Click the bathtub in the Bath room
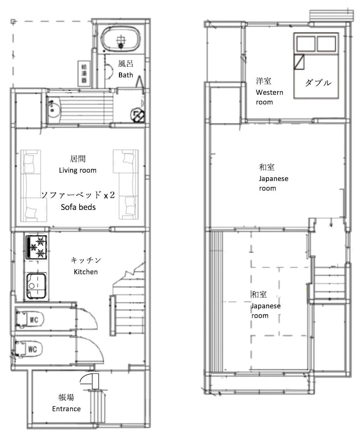120,40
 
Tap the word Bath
126,75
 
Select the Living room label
78,170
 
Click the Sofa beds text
78,207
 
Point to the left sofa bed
34,186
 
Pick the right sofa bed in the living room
126,184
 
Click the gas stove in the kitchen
36,248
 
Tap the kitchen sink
36,286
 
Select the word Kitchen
85,272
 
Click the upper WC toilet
30,319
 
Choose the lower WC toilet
29,349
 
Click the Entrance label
66,409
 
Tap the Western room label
269,97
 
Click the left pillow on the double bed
306,44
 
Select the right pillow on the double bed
326,44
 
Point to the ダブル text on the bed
318,83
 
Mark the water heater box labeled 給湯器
84,74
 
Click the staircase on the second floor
330,283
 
